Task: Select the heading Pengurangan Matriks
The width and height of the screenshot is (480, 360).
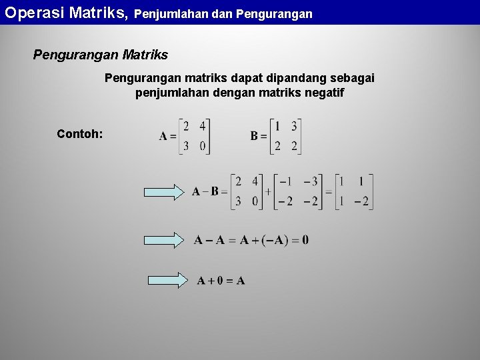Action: point(101,55)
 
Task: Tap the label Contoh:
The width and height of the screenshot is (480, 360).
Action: point(80,134)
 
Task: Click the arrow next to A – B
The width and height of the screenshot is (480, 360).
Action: point(165,192)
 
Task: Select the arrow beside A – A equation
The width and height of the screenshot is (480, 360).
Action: point(165,240)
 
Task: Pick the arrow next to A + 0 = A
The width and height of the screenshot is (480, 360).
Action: point(165,281)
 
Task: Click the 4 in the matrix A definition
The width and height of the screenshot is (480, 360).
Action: point(202,126)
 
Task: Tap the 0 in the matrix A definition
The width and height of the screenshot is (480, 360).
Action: point(202,146)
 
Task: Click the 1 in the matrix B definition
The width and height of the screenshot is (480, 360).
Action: point(277,126)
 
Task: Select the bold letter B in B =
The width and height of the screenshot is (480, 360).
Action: point(254,136)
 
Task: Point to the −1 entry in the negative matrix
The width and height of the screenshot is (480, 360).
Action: point(285,181)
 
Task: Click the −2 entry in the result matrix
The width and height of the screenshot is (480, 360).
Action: point(361,201)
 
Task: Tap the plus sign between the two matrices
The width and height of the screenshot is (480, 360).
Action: point(267,191)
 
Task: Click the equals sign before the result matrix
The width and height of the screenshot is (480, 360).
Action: point(328,191)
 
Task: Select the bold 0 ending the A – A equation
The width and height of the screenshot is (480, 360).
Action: point(305,240)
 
